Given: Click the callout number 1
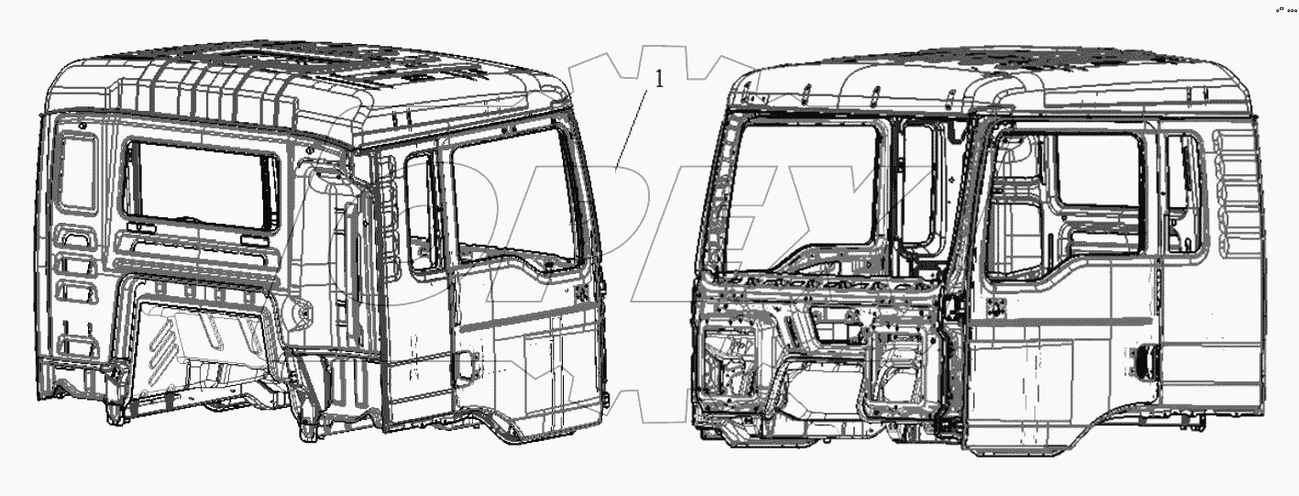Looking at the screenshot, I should (x=657, y=80).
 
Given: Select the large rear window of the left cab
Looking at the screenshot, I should (x=201, y=184).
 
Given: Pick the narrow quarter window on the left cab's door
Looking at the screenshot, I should (x=421, y=212).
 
